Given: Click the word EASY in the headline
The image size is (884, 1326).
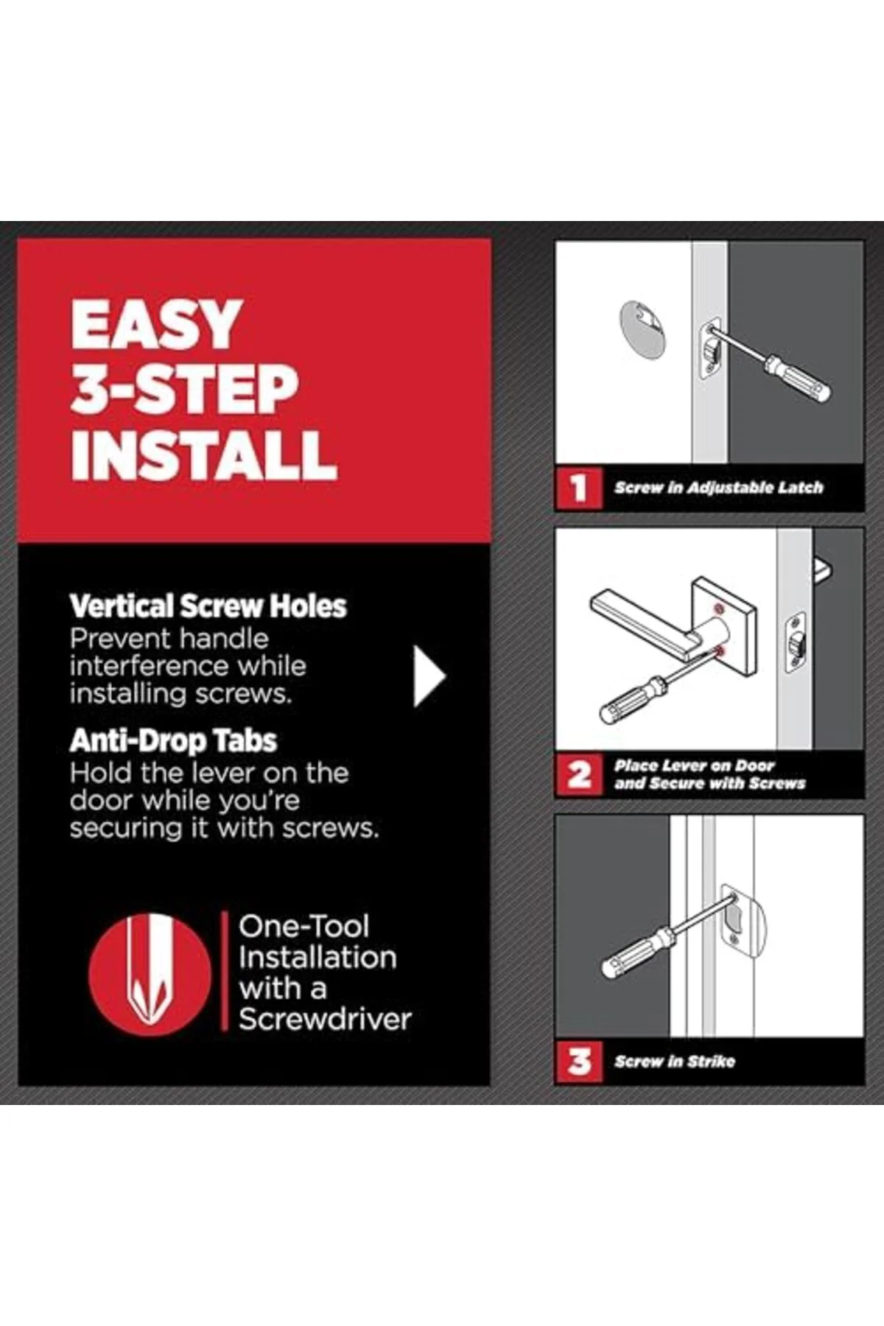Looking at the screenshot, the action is (x=157, y=324).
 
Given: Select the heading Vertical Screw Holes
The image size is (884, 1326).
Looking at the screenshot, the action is (x=208, y=606).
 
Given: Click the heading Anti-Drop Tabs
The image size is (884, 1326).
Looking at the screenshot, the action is (x=173, y=740).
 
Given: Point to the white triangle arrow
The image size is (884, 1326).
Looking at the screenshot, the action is (x=429, y=676).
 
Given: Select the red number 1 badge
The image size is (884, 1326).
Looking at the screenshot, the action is (x=579, y=488).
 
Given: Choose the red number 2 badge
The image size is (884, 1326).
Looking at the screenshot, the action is (x=579, y=774).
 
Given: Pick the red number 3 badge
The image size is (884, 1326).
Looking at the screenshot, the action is (x=579, y=1061).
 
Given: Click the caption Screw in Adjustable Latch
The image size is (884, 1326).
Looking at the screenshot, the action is (x=719, y=488).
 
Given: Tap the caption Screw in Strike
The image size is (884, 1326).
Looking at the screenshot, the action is (x=675, y=1062).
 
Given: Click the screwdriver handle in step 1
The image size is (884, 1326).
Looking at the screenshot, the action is (x=798, y=378).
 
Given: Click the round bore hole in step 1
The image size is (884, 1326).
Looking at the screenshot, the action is (x=642, y=331).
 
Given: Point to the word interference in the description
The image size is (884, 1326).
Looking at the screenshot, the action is (x=188, y=666).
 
